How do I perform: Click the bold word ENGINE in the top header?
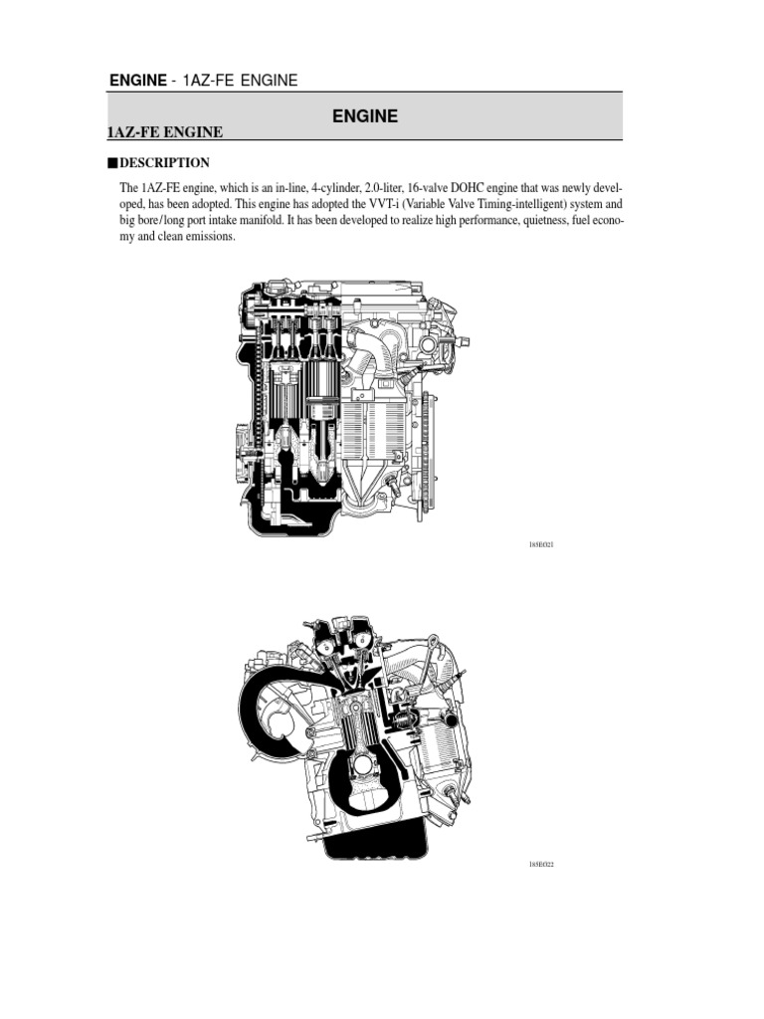click(136, 80)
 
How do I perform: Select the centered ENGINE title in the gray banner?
click(364, 116)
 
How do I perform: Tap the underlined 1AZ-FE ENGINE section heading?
click(164, 132)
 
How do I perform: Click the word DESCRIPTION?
click(164, 162)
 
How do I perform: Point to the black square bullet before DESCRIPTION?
click(112, 162)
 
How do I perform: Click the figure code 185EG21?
click(541, 545)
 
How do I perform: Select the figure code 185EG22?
click(541, 864)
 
